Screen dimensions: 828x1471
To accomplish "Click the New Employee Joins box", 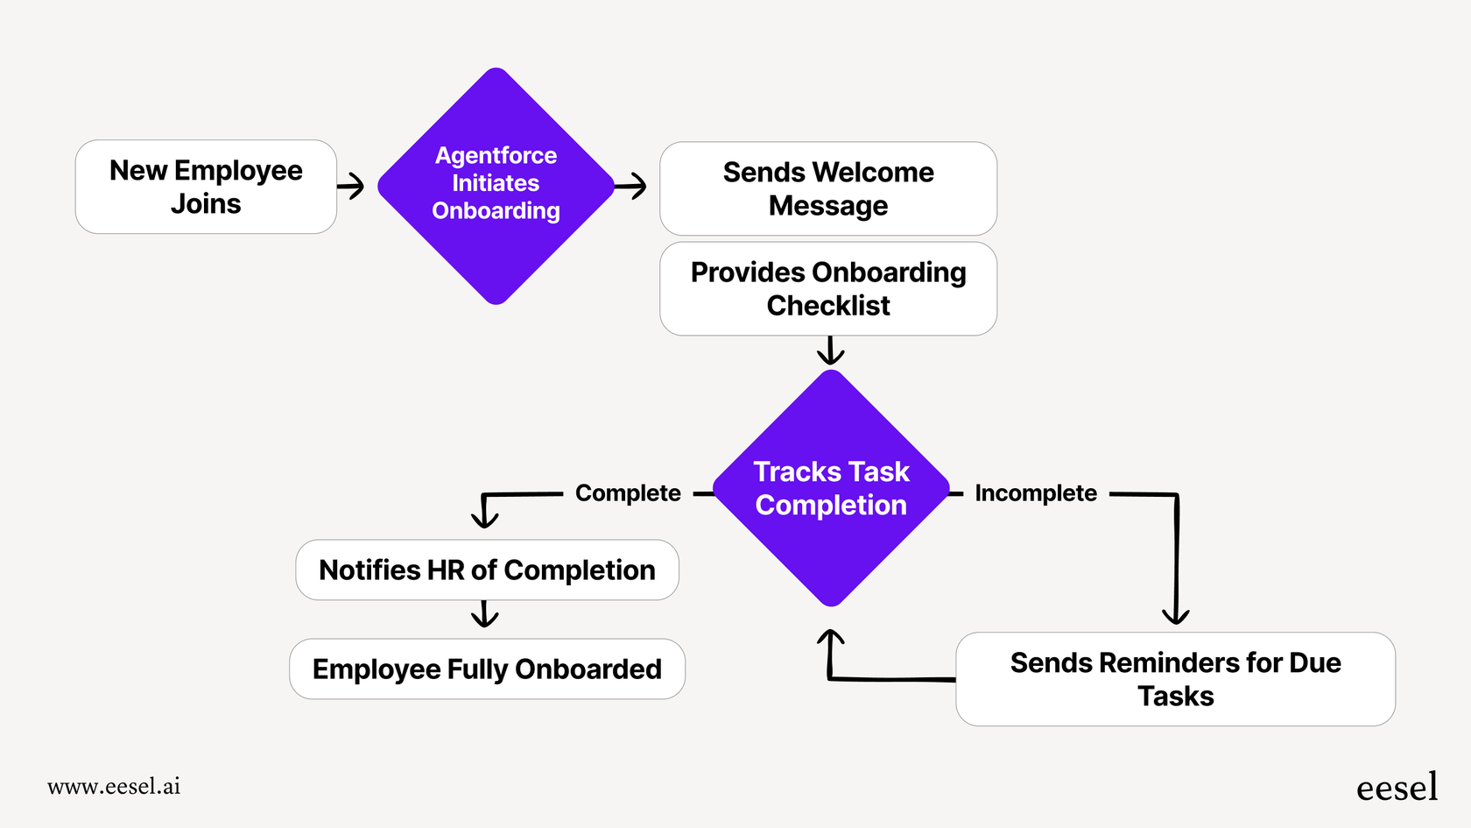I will tap(206, 187).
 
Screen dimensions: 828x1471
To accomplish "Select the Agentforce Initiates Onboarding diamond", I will tap(496, 186).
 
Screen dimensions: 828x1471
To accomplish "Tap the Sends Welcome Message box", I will tap(827, 188).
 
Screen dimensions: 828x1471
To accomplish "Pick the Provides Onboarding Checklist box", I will tap(827, 288).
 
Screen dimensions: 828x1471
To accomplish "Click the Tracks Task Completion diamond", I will tap(831, 488).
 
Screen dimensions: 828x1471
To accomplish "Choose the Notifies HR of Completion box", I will tap(487, 570).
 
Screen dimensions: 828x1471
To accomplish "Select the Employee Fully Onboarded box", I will tap(487, 669).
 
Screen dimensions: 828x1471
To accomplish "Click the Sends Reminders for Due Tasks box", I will tap(1175, 679).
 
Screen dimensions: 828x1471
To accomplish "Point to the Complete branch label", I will tap(628, 493).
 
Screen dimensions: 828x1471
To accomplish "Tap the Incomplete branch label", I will tap(1035, 493).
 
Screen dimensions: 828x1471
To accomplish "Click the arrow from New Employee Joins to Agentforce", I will tap(352, 186).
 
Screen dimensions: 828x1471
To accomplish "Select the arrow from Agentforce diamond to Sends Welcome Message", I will tap(631, 186).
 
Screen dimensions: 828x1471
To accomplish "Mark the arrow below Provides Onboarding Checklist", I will tap(830, 351).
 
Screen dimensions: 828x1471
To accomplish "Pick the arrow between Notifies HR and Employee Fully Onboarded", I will tap(484, 614).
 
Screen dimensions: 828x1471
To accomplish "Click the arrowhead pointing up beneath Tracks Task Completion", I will tap(830, 640).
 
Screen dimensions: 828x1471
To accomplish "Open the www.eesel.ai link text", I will tap(114, 786).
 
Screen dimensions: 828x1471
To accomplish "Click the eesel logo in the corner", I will tap(1397, 787).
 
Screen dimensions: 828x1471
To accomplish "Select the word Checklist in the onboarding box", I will tap(827, 306).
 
